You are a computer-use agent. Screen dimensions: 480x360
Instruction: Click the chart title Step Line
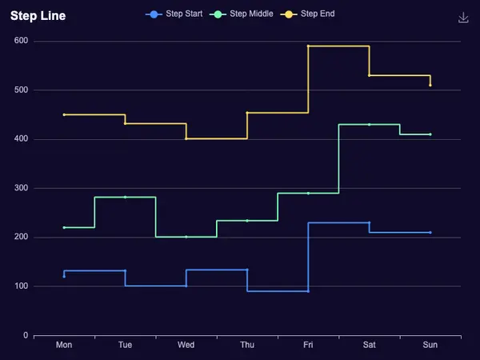(x=38, y=16)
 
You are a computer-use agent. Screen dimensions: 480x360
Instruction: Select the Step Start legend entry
(x=174, y=14)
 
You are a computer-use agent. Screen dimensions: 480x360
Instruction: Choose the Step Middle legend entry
(x=242, y=14)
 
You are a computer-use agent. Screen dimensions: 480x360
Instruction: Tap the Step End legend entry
(x=307, y=14)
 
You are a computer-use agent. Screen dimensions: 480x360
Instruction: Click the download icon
(x=463, y=18)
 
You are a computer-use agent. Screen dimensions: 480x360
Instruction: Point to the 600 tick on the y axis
(x=21, y=41)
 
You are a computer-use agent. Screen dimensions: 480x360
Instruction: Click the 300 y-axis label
(x=21, y=188)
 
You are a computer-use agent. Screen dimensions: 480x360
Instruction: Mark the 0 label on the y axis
(x=26, y=335)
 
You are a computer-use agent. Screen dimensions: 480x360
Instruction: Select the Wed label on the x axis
(x=186, y=345)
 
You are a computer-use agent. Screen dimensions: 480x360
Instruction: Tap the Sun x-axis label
(x=430, y=345)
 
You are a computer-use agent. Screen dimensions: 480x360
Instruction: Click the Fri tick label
(x=308, y=345)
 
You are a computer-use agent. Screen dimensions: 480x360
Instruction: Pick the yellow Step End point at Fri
(x=308, y=46)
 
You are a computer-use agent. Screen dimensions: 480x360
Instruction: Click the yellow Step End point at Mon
(x=64, y=114)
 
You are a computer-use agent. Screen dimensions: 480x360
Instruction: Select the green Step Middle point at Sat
(x=369, y=125)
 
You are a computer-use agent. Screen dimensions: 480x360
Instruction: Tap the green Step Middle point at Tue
(x=126, y=197)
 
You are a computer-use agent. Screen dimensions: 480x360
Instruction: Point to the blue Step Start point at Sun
(x=430, y=233)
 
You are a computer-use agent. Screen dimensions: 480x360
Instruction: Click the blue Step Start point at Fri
(x=308, y=291)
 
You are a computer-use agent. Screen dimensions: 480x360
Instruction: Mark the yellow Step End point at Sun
(x=430, y=86)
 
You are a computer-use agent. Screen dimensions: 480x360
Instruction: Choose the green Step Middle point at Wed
(x=186, y=237)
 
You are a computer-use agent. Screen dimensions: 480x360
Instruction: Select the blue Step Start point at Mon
(x=64, y=277)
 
